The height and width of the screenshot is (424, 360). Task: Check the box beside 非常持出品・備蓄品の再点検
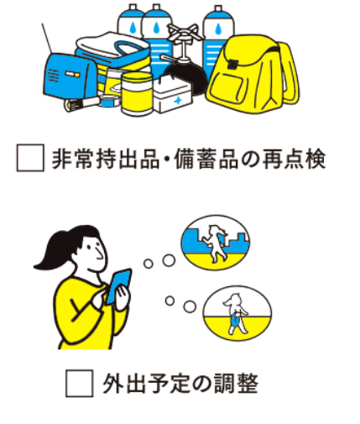coord(30,158)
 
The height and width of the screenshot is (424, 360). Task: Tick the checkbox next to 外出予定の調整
coord(80,383)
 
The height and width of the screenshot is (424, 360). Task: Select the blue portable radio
coord(70,76)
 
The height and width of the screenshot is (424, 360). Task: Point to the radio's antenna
coord(47,39)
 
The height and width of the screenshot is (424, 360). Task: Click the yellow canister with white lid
coord(138,94)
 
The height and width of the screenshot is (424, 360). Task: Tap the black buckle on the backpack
coord(232,64)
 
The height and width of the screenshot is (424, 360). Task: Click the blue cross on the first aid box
coord(177,100)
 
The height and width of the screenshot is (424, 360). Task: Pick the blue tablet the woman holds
coord(119,286)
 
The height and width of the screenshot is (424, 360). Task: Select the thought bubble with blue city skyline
coord(216,243)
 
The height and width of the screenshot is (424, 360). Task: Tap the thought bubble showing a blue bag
coord(237,313)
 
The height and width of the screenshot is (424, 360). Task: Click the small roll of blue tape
coord(110,101)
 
